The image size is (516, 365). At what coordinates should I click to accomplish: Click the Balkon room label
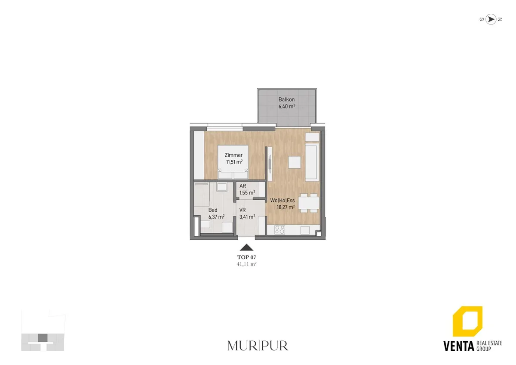(286, 99)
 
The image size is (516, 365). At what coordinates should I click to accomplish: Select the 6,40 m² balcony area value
(287, 106)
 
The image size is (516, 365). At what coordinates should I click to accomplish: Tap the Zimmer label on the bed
(233, 155)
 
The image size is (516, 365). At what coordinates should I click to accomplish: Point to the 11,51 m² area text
(234, 162)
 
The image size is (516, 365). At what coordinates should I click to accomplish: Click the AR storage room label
(243, 186)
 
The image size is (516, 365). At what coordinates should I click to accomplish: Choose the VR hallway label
(243, 210)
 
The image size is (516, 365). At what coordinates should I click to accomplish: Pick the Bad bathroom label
(212, 210)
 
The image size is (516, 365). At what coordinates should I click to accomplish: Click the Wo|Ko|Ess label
(283, 201)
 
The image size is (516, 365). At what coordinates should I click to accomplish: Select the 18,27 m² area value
(286, 207)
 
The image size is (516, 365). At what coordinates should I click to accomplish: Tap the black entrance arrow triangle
(246, 247)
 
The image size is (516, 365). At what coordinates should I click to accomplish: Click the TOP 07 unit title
(247, 257)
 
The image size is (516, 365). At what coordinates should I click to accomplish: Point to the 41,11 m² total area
(247, 264)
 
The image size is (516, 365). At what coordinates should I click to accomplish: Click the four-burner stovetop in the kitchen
(279, 230)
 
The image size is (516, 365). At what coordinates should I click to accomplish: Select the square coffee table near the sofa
(295, 162)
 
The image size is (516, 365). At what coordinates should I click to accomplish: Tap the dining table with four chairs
(309, 203)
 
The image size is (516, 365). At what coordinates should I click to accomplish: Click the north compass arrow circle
(491, 19)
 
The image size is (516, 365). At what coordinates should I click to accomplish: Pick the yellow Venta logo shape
(468, 321)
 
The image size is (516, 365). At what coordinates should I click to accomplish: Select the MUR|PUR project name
(258, 346)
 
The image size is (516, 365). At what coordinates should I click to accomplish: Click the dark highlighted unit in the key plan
(43, 337)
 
